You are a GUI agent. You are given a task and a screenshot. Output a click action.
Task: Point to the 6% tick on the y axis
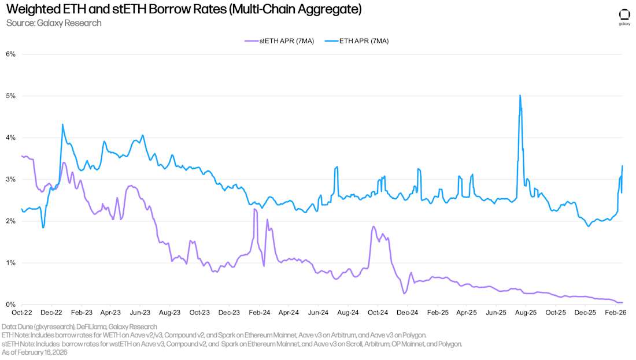[x=10, y=54]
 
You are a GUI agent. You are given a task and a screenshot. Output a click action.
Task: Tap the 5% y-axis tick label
[x=10, y=96]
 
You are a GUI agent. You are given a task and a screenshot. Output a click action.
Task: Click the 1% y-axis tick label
[x=10, y=263]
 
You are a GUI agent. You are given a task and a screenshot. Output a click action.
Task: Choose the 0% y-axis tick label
[x=10, y=305]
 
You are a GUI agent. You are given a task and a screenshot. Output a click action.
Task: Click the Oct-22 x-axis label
[x=22, y=313]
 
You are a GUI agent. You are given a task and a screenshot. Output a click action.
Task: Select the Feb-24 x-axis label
[x=259, y=313]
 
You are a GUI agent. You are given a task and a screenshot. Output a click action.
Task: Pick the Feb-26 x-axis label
[x=615, y=313]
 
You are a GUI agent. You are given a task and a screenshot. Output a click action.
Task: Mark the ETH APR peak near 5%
[x=520, y=95]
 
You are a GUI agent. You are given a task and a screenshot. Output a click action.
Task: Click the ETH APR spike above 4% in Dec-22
[x=62, y=124]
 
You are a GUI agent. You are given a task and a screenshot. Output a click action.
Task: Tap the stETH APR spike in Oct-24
[x=374, y=227]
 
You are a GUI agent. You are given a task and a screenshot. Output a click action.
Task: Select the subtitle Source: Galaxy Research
[x=54, y=23]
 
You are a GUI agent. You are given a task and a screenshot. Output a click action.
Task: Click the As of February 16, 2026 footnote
[x=35, y=352]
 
